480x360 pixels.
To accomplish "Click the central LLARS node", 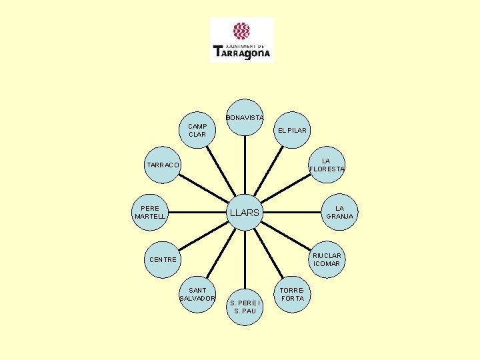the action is [x=246, y=213].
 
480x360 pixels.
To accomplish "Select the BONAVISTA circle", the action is [x=245, y=117].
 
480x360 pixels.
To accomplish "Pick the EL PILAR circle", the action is [x=292, y=129].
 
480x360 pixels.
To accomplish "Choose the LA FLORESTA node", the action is [x=327, y=165].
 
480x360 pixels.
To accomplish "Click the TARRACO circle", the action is [x=163, y=165].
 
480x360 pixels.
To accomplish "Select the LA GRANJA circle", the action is [x=340, y=212].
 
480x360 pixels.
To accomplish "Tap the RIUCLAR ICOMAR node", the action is [x=327, y=259].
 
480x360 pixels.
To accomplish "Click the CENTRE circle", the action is [x=163, y=259].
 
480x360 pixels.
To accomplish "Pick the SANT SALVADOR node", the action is [x=197, y=294].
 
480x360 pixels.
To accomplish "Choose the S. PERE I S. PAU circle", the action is [x=245, y=307].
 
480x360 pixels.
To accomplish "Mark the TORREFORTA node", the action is [x=292, y=294].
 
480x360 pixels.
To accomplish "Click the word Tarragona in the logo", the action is [x=242, y=52].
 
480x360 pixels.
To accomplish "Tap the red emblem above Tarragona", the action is [x=241, y=31].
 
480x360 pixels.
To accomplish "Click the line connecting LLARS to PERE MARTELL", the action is [x=199, y=213].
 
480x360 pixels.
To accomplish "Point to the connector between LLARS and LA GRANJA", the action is [x=293, y=213].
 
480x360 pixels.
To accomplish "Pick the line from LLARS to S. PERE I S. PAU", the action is [x=246, y=260].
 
